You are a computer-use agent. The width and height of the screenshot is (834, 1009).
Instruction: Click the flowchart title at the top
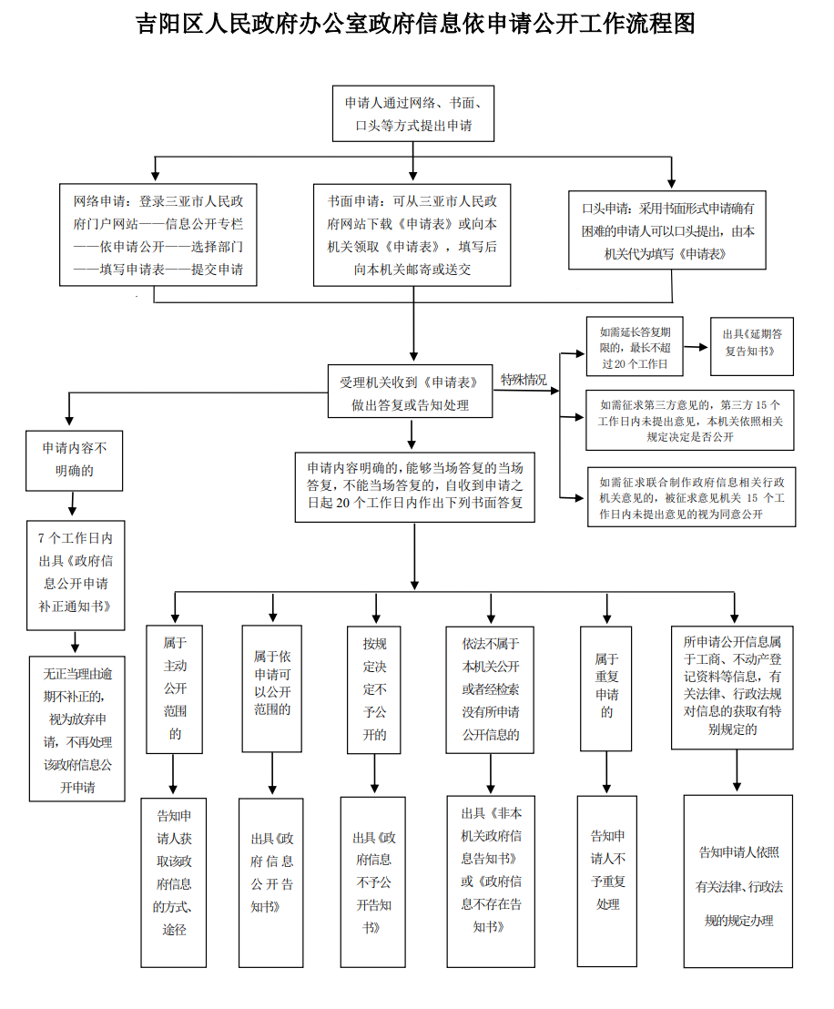pos(416,24)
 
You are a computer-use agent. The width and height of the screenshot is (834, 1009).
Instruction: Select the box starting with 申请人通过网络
pos(413,113)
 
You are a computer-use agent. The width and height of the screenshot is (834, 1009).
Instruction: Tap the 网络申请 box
pos(158,235)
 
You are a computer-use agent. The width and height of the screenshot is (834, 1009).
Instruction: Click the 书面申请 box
pos(412,235)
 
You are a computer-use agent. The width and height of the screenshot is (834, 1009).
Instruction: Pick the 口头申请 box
pos(667,229)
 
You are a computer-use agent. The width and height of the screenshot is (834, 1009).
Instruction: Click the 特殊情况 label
pos(524,380)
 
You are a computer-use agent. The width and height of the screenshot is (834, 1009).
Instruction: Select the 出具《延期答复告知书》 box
pos(752,346)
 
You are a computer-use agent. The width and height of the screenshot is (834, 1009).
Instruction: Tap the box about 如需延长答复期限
pos(635,346)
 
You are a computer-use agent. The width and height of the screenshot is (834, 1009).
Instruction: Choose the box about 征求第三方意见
pos(690,420)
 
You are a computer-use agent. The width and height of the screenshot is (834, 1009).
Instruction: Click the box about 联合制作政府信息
pos(692,497)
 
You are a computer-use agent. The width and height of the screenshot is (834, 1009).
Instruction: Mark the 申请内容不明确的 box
pos(74,461)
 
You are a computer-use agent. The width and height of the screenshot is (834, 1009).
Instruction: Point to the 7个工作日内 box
pos(76,576)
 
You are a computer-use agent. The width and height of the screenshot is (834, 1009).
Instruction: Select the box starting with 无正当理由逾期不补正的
pos(77,729)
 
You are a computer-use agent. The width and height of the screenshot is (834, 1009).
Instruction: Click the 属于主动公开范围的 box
pos(175,689)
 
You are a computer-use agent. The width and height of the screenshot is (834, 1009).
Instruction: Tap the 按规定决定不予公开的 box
pos(374,690)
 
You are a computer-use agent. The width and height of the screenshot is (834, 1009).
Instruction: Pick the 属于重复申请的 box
pos(606,688)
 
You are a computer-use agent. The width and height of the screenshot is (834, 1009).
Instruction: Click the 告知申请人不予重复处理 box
pos(607,882)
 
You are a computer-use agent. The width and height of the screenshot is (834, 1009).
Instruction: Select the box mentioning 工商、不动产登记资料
pos(732,688)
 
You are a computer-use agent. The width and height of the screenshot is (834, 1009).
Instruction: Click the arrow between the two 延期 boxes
pos(697,347)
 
